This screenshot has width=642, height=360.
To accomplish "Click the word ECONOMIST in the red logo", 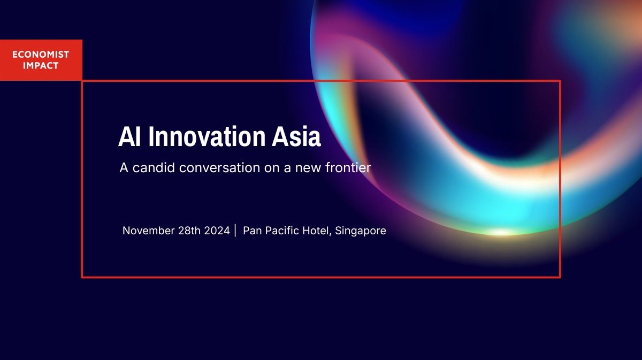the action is [x=41, y=54].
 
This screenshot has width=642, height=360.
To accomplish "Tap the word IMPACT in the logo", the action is [x=41, y=66].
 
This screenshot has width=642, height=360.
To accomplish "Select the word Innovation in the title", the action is [x=207, y=136].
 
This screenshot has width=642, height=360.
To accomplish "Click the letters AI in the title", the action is [x=129, y=136].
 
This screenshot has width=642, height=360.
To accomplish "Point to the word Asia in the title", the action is [x=296, y=136].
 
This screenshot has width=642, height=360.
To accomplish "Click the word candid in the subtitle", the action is [x=154, y=167].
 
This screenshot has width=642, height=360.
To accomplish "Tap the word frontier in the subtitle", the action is [x=348, y=167].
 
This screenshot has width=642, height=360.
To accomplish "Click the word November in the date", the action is [x=149, y=231].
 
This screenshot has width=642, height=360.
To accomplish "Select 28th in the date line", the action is [x=189, y=231].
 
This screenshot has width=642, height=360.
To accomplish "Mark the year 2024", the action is [x=217, y=231].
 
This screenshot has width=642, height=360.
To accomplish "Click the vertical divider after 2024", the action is [x=235, y=231].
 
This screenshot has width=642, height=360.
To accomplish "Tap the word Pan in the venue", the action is [x=252, y=231].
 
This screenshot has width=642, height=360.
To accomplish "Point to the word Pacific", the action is [x=282, y=231].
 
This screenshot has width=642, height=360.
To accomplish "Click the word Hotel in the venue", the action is [x=317, y=231].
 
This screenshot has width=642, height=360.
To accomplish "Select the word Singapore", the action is [x=361, y=231].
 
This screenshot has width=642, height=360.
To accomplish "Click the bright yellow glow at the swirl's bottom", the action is [x=500, y=232].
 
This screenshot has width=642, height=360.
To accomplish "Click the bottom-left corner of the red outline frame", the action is [x=82, y=277].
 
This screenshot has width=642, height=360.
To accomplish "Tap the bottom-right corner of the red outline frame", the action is [x=560, y=277].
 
